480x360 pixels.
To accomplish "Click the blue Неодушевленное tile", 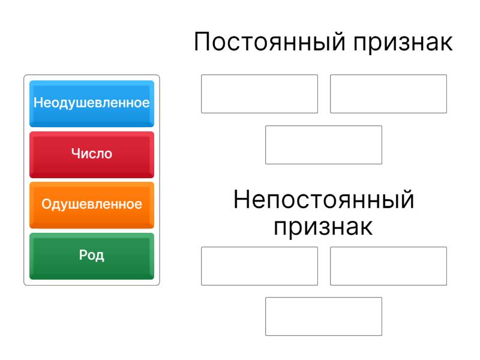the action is point(92,104).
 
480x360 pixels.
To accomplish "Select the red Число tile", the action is point(92,155).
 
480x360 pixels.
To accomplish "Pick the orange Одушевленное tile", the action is point(92,205).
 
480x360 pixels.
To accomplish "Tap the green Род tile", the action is point(92,256).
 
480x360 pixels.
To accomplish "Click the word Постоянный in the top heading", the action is point(270,42).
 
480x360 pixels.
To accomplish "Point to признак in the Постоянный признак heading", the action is point(403,43).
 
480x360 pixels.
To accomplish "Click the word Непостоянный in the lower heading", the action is point(323,200).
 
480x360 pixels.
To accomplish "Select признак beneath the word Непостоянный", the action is point(323,228).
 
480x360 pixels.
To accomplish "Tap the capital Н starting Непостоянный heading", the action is point(242,199).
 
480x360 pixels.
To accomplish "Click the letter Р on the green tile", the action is point(83,254).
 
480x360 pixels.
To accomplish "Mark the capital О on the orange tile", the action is point(47,204).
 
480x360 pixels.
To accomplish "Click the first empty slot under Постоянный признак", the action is point(260,94).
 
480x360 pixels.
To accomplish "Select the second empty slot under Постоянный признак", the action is point(388,94).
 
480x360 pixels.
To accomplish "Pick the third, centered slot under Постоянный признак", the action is point(324,145).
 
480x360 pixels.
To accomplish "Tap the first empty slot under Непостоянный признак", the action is point(260,266).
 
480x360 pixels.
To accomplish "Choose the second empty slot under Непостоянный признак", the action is point(388,266).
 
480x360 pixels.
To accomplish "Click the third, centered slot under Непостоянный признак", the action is point(324,317).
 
